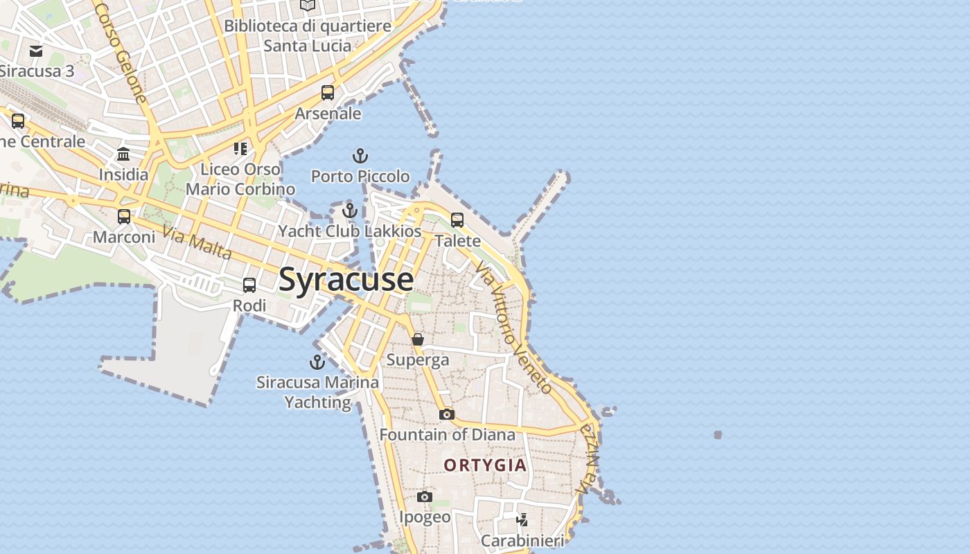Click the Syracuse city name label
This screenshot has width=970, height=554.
pyautogui.click(x=346, y=280)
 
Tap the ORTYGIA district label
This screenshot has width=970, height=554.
pyautogui.click(x=485, y=465)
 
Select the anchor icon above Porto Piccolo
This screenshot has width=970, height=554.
pyautogui.click(x=360, y=156)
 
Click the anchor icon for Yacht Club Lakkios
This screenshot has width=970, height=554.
pyautogui.click(x=350, y=210)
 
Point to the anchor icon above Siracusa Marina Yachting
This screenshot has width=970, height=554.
pyautogui.click(x=317, y=361)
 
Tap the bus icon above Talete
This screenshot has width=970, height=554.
pyautogui.click(x=457, y=220)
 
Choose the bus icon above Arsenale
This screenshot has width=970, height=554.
pyautogui.click(x=328, y=92)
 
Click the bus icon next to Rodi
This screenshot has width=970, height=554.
pyautogui.click(x=249, y=285)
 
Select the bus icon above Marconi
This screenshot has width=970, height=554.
pyautogui.click(x=124, y=216)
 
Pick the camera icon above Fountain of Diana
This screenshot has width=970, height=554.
pyautogui.click(x=447, y=414)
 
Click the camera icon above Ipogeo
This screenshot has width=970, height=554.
pyautogui.click(x=425, y=497)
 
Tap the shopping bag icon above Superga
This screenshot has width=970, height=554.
pyautogui.click(x=418, y=339)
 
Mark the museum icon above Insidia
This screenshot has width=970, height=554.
pyautogui.click(x=123, y=154)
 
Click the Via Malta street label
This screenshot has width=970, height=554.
pyautogui.click(x=197, y=241)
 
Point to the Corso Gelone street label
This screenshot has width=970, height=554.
pyautogui.click(x=121, y=52)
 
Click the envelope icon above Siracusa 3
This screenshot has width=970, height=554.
pyautogui.click(x=36, y=51)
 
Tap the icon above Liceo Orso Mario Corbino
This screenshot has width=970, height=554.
pyautogui.click(x=240, y=148)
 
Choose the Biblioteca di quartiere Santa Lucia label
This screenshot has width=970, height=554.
pyautogui.click(x=308, y=36)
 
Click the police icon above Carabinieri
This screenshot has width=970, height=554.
pyautogui.click(x=522, y=519)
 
